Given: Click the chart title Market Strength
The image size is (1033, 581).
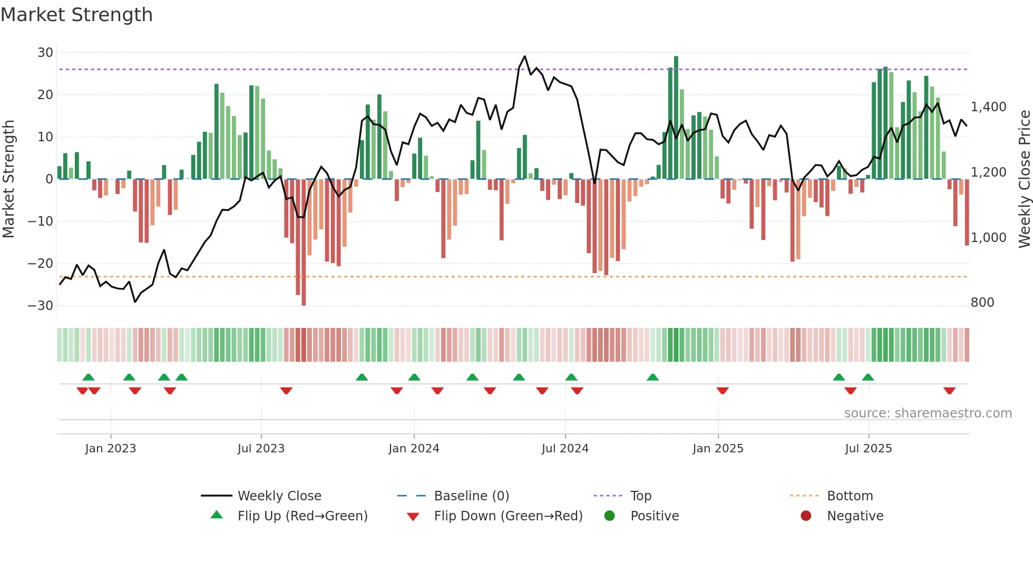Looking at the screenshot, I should pyautogui.click(x=76, y=15).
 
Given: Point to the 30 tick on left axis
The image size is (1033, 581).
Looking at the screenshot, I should pyautogui.click(x=45, y=53).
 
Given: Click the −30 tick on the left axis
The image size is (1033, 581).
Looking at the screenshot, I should pyautogui.click(x=41, y=306).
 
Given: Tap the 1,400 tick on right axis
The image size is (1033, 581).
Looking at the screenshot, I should pyautogui.click(x=989, y=107).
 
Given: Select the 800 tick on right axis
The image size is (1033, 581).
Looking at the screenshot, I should pyautogui.click(x=982, y=303).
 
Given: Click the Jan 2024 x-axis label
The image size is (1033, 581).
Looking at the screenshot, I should pyautogui.click(x=414, y=449).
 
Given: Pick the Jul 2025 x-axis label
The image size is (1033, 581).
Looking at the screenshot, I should pyautogui.click(x=868, y=449).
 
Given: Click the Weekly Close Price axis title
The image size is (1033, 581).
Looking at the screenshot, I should pyautogui.click(x=1024, y=179).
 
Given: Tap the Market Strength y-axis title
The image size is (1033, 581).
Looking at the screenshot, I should pyautogui.click(x=9, y=179).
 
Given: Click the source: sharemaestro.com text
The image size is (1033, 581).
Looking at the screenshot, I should pyautogui.click(x=928, y=413).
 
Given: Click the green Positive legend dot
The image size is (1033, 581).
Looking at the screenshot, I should pyautogui.click(x=610, y=516).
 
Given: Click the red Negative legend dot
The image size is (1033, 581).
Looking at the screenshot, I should pyautogui.click(x=806, y=516).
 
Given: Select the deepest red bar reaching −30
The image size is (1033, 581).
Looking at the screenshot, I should pyautogui.click(x=304, y=243).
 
